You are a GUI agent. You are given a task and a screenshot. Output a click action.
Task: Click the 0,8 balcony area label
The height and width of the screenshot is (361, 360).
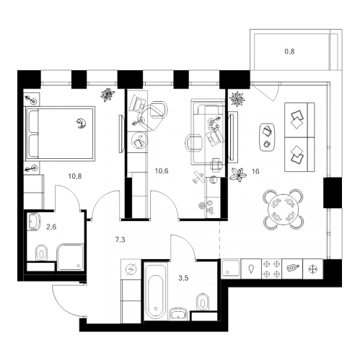(x=289, y=51)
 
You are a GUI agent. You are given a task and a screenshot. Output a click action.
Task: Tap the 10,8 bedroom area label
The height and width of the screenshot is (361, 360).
(x=75, y=176)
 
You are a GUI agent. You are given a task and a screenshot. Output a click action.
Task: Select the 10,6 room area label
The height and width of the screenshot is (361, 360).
(x=162, y=171)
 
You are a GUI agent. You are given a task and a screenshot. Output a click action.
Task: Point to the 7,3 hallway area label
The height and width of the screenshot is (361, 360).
(x=120, y=240)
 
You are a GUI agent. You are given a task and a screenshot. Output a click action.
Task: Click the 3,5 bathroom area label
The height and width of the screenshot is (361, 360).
(x=183, y=279)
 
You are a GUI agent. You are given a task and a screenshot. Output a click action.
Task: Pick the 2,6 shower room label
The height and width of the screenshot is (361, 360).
(x=51, y=227)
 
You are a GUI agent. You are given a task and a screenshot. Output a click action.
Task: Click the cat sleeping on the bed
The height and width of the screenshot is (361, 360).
(x=82, y=123)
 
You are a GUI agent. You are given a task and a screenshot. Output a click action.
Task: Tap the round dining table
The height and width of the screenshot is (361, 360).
(x=284, y=209)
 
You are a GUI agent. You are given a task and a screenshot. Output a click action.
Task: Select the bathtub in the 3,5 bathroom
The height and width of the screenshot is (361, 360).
(x=156, y=290)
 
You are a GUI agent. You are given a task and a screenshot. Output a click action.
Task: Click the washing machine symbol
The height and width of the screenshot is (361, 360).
(x=131, y=269)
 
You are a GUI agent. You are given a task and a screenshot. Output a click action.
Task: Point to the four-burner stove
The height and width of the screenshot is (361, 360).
(x=272, y=269)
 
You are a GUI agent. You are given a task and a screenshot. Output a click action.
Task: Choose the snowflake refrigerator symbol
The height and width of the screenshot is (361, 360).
(x=313, y=269)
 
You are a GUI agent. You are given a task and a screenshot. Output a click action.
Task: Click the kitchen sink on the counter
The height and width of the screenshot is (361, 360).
(x=231, y=269)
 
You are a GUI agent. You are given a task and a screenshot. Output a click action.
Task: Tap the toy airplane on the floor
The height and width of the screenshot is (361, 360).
(x=198, y=178)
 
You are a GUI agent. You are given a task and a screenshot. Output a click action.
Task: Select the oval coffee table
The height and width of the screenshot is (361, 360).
(x=267, y=137)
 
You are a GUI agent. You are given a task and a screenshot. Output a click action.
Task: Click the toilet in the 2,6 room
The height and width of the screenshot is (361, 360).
(x=42, y=253)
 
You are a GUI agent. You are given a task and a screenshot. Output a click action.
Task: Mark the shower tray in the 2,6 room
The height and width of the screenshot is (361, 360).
(x=71, y=257)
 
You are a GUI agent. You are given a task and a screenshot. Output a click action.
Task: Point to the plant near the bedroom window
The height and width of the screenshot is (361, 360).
(x=107, y=95)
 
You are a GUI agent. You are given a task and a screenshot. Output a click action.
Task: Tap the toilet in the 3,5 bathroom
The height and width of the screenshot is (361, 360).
(x=203, y=302)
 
